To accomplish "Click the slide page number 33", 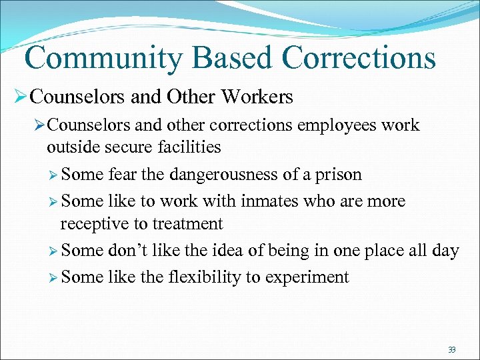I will pos(452,350).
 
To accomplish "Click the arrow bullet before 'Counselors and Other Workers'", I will pos(20,97).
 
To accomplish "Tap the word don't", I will pos(129,251).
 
